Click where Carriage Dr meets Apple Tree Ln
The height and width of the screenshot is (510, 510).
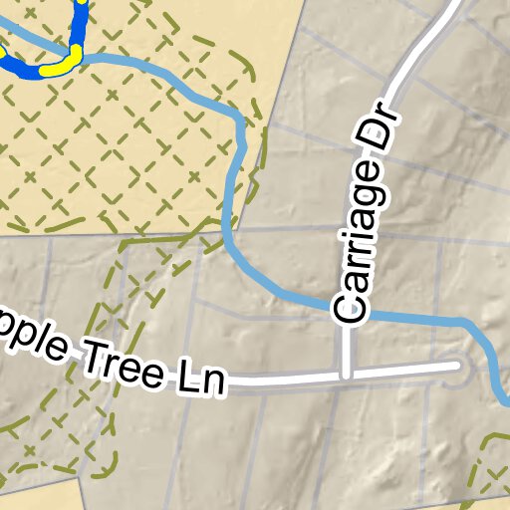pos(346,375)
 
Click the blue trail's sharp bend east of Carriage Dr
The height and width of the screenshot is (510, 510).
pos(464,323)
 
